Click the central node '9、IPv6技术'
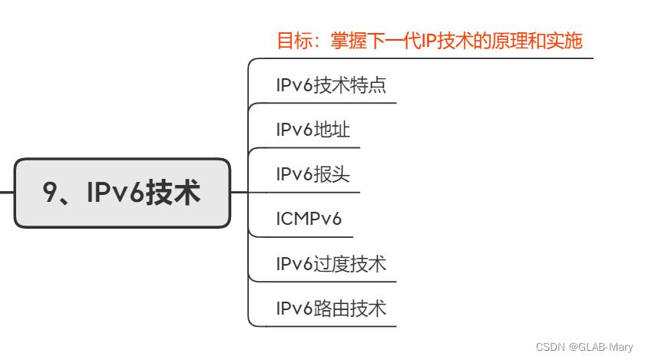click(122, 193)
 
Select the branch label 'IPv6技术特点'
click(331, 85)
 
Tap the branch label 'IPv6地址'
click(313, 130)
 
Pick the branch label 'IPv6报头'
click(313, 174)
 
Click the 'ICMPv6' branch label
click(309, 220)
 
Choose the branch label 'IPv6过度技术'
click(331, 264)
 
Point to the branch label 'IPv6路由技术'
click(331, 309)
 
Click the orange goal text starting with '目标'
click(429, 41)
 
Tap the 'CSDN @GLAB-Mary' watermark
click(584, 347)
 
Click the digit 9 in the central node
click(51, 193)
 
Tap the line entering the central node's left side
click(6, 193)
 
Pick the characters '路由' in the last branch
click(332, 309)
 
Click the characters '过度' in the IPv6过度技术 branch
click(332, 264)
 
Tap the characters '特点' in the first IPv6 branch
click(368, 85)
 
